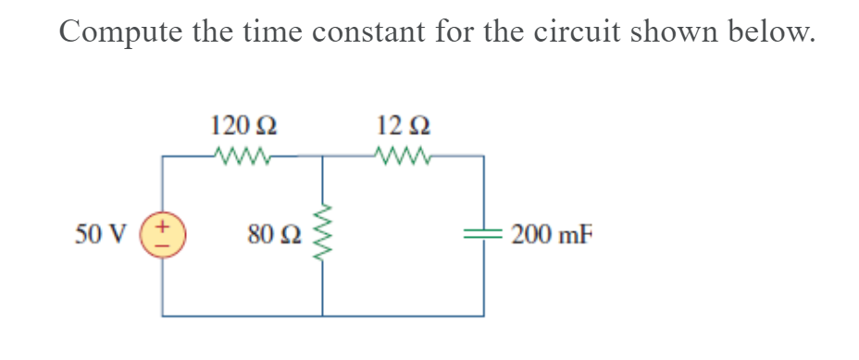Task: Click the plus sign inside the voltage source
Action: coord(164,225)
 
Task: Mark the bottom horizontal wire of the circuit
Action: coord(324,316)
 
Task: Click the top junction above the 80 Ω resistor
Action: coord(323,155)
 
